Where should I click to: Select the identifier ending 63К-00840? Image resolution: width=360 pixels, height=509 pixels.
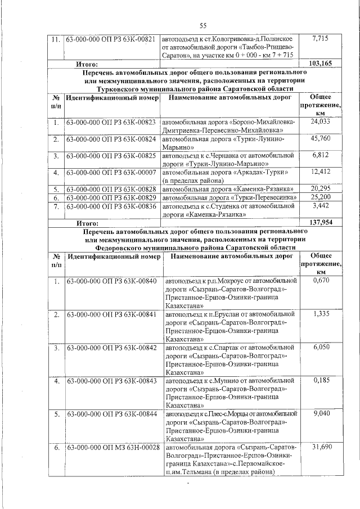111,280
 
